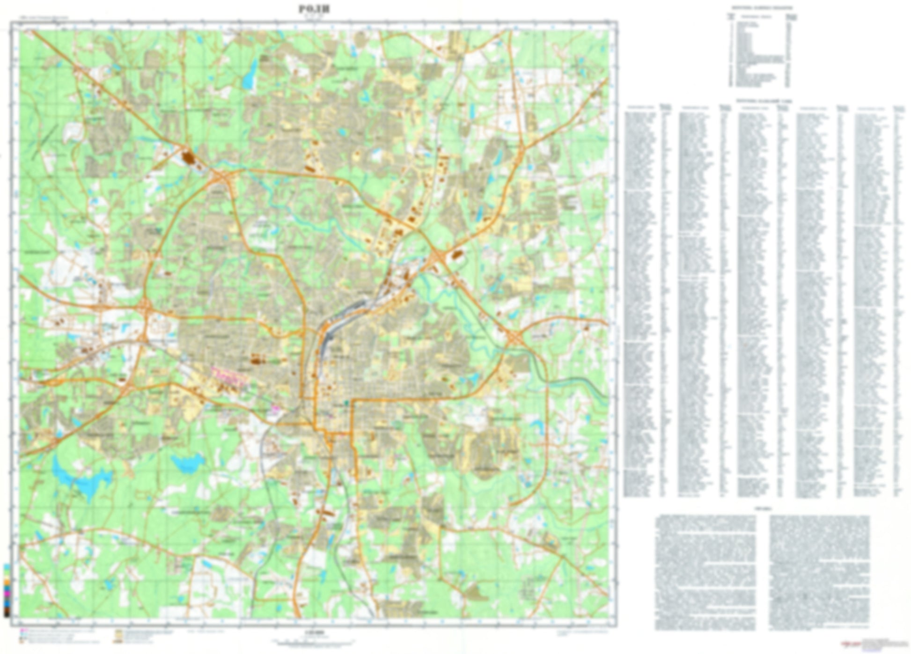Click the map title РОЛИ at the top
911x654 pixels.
click(x=314, y=9)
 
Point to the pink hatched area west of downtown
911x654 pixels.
click(x=227, y=376)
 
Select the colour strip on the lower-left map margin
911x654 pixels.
click(x=7, y=590)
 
